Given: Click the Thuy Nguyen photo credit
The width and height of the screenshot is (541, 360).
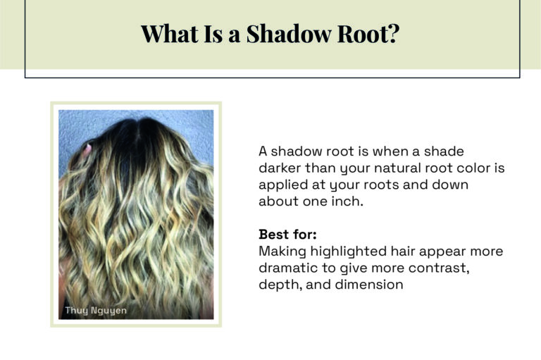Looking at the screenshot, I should point(96,310).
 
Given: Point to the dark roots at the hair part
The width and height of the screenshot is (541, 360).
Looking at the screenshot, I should point(135,131).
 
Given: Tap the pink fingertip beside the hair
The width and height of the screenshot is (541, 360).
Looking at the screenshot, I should point(87,149).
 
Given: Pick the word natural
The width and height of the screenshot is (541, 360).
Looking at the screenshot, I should point(397,168).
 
